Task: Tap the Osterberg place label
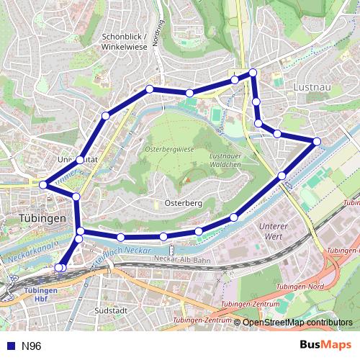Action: [183, 204]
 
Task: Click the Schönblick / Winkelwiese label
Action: [125, 41]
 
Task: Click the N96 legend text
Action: [32, 346]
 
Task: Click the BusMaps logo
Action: [325, 346]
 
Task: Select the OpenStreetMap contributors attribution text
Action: [297, 323]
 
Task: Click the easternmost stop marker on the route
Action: [317, 140]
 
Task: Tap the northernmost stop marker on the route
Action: [253, 73]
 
